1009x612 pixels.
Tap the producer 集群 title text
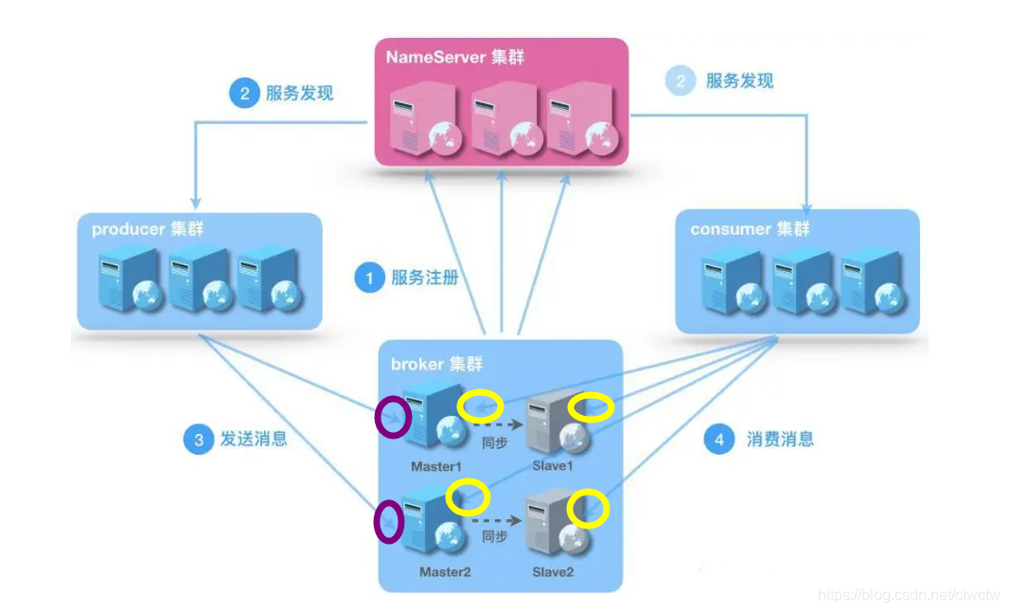click(147, 229)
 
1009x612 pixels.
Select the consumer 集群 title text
click(750, 229)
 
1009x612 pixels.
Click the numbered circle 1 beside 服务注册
click(369, 278)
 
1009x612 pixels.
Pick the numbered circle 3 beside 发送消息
click(199, 440)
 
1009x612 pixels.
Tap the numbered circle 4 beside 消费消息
click(719, 440)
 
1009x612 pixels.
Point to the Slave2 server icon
click(554, 524)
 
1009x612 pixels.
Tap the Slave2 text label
click(553, 572)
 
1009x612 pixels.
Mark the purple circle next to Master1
click(394, 417)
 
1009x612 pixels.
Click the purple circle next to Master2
click(389, 522)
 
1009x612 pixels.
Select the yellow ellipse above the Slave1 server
click(591, 407)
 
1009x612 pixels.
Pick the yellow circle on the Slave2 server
click(588, 509)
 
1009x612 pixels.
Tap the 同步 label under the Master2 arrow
click(495, 536)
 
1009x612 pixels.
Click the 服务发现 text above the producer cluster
click(299, 93)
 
